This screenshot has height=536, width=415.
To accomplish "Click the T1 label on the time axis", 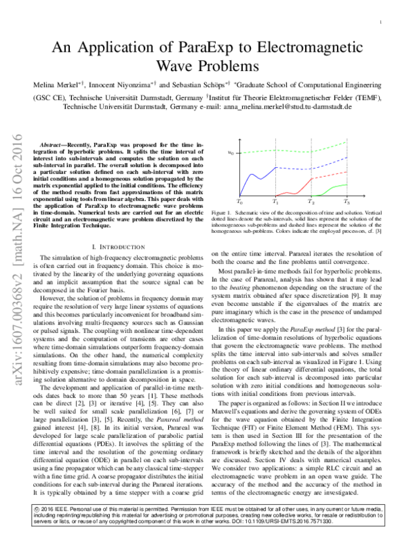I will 275,202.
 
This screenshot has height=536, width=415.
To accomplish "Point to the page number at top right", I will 381,23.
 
